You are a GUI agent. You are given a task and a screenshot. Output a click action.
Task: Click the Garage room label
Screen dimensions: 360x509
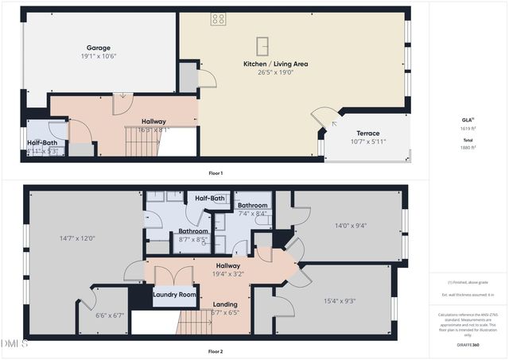(x=99, y=48)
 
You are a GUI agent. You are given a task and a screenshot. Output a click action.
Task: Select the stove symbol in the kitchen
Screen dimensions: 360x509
(x=218, y=19)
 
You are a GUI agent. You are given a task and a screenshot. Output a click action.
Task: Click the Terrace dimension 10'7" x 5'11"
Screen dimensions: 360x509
(x=367, y=142)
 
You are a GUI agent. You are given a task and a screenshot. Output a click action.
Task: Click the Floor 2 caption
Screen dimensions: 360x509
(x=215, y=350)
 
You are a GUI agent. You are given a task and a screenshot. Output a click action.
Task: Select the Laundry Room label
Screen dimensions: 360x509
(x=174, y=295)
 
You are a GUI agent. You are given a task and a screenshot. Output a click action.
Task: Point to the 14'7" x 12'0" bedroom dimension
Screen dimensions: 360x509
(x=77, y=238)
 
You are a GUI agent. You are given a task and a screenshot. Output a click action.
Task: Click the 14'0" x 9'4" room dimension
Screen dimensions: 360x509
(x=350, y=225)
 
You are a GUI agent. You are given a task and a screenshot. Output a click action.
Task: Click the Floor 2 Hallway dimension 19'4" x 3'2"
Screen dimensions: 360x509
(x=228, y=275)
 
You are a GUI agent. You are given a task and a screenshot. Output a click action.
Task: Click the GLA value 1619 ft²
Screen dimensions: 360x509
(x=467, y=128)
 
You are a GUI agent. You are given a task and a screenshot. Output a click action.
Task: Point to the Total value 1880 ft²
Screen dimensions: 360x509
(x=467, y=147)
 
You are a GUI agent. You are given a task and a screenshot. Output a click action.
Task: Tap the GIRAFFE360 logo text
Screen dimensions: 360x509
(x=467, y=345)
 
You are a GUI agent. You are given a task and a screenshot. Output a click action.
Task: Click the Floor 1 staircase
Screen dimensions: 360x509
(x=143, y=142)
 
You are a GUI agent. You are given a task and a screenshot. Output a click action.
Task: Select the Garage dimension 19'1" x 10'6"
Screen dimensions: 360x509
(x=99, y=56)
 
